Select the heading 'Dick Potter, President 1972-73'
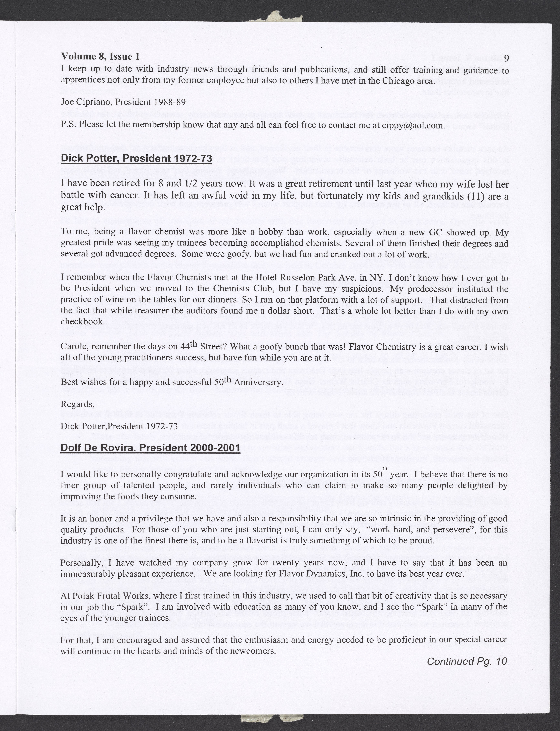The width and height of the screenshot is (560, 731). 136,158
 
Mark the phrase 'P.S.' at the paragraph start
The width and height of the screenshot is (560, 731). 69,126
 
